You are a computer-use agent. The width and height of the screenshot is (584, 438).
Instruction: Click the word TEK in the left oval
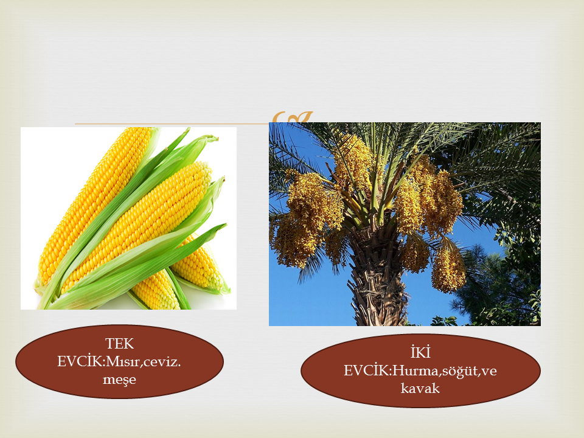coord(119,343)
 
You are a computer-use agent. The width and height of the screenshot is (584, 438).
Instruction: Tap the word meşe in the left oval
coord(119,380)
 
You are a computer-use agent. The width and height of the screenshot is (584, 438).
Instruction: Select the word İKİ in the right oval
coord(420,352)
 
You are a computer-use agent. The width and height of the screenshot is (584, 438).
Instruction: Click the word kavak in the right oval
coord(420,389)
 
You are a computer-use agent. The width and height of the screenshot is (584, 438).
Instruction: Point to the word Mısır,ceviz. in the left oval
coord(144,361)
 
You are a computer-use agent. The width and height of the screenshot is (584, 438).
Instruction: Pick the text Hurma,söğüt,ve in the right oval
coord(445,370)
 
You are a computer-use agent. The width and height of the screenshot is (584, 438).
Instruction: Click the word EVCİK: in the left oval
coord(81,361)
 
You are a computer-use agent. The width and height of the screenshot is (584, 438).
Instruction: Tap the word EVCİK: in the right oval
coord(367,370)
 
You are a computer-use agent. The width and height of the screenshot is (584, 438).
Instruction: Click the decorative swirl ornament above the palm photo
coord(291,117)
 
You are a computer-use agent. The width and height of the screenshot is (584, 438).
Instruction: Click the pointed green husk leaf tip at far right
coord(224,225)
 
